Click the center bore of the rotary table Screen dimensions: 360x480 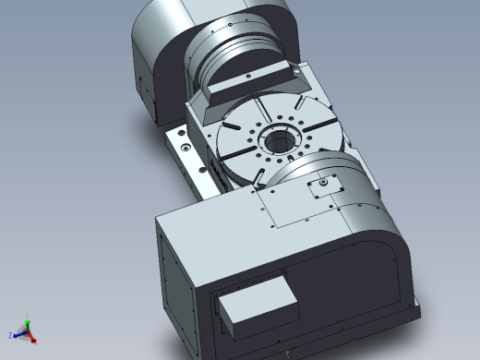277,141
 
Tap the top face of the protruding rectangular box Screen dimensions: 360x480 258,294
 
